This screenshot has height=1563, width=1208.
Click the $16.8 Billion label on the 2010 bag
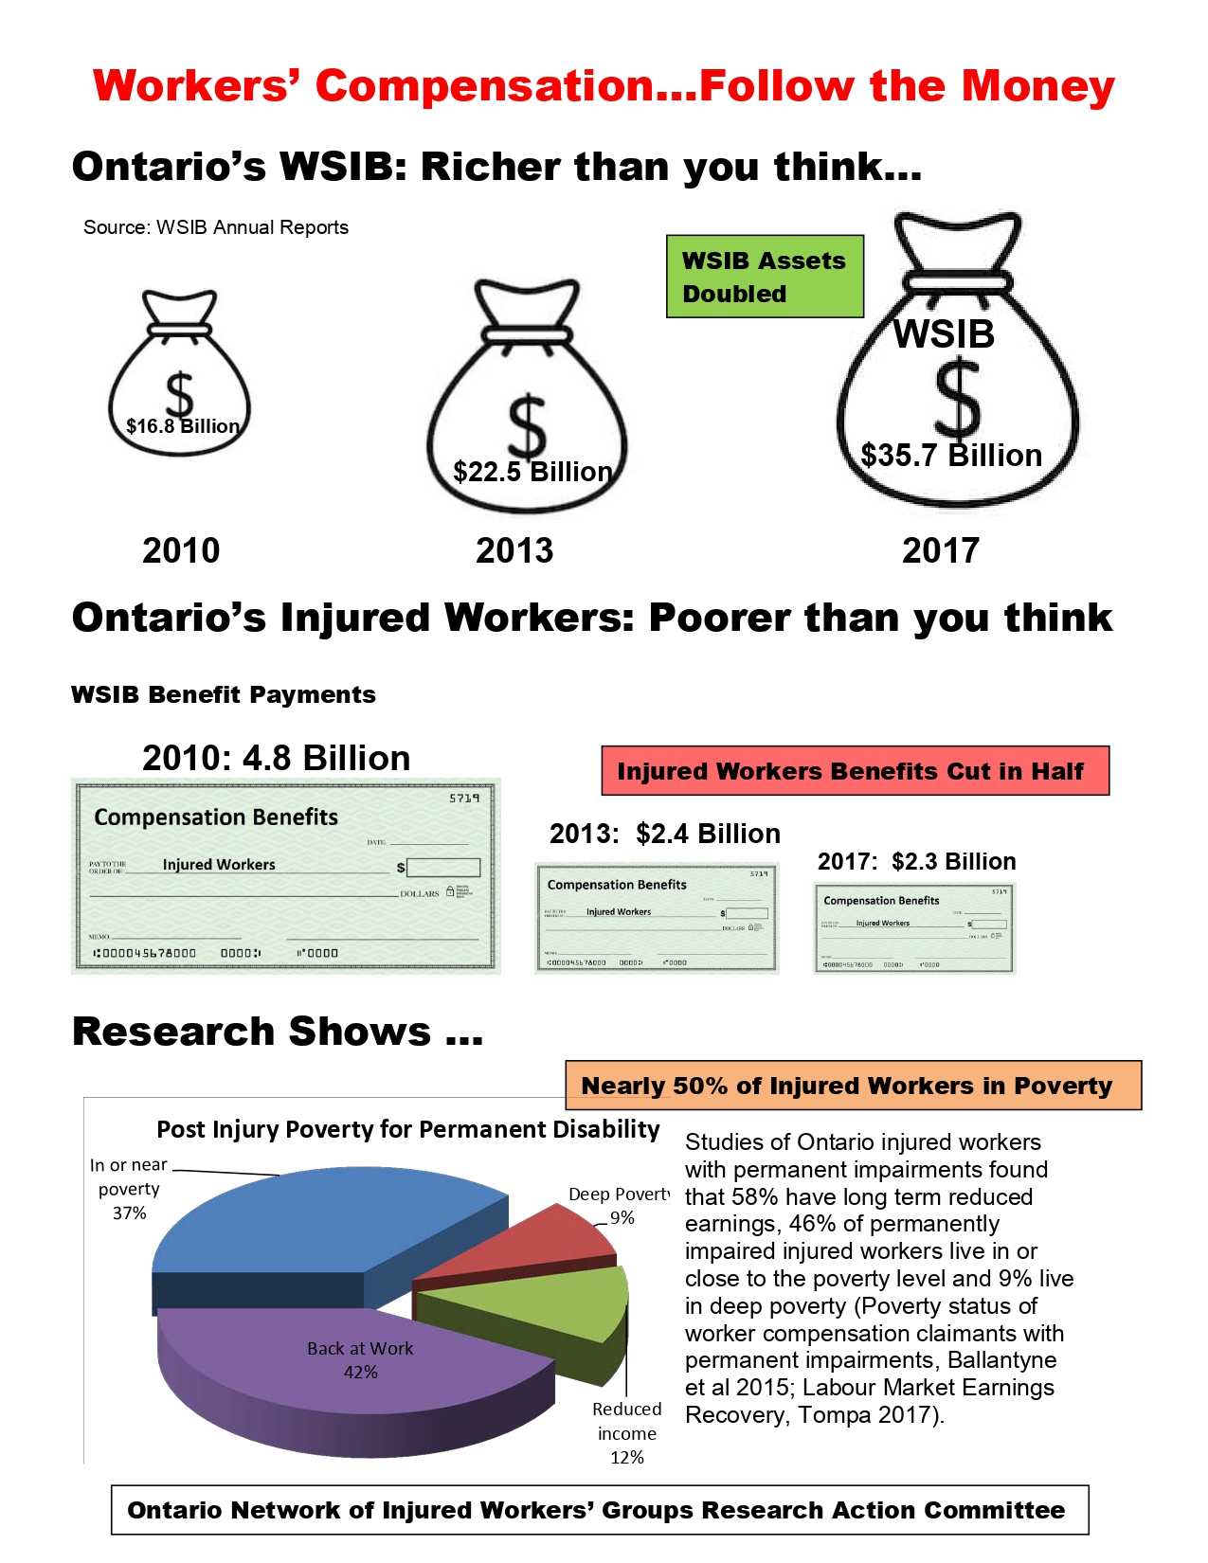click(x=183, y=426)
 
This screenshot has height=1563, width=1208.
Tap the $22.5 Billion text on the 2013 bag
click(x=532, y=472)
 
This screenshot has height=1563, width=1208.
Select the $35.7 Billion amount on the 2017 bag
click(x=951, y=456)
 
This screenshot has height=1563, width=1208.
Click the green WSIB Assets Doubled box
click(x=765, y=276)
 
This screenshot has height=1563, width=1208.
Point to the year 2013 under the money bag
click(x=514, y=550)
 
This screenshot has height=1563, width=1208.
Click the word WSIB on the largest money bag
click(x=944, y=334)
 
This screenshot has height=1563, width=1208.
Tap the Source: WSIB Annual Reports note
click(x=216, y=227)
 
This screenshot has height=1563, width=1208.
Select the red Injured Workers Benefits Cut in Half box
click(x=855, y=771)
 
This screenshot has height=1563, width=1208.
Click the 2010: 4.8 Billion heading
click(x=276, y=758)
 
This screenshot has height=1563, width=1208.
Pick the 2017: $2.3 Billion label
click(x=916, y=861)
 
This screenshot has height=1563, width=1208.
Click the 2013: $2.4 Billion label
click(x=665, y=834)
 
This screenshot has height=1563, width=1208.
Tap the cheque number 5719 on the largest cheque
click(x=464, y=799)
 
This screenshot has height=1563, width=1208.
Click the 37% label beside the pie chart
click(x=130, y=1213)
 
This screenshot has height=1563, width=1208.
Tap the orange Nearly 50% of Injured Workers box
click(x=853, y=1086)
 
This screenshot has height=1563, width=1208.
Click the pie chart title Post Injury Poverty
click(x=407, y=1129)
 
